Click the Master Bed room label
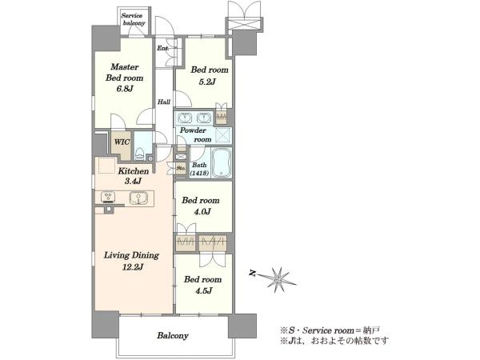124,72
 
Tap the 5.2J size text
207,82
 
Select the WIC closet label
122,142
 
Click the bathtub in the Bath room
222,163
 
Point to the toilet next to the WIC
140,154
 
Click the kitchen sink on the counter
138,198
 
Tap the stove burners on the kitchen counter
108,197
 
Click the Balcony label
173,335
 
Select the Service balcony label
134,19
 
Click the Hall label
164,102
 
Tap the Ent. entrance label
162,48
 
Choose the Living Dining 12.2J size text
133,267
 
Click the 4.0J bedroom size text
202,211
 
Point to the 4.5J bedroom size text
203,290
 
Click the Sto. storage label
181,168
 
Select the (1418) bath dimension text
199,174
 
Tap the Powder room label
195,134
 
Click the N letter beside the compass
252,274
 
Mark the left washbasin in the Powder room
185,118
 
